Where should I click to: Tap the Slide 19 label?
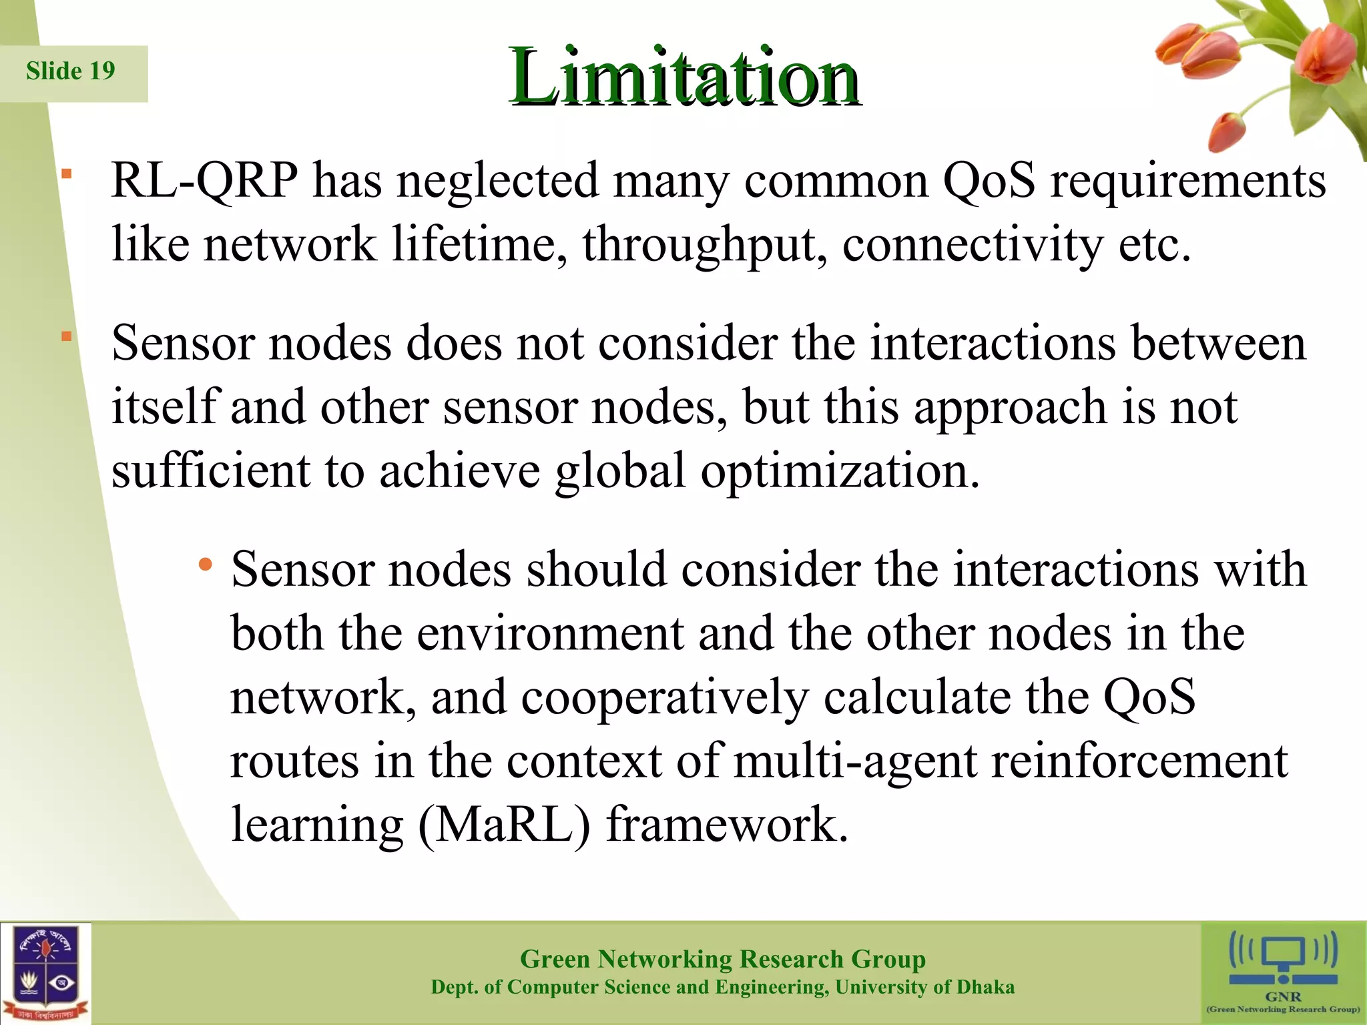point(71,71)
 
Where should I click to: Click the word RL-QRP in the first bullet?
point(204,180)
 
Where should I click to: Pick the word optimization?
point(840,472)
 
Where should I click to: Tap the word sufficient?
point(210,470)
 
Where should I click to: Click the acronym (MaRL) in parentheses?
point(505,825)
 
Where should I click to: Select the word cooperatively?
point(664,698)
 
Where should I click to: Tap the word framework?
point(727,824)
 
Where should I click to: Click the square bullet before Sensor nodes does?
point(67,336)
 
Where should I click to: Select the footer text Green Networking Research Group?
point(722,959)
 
